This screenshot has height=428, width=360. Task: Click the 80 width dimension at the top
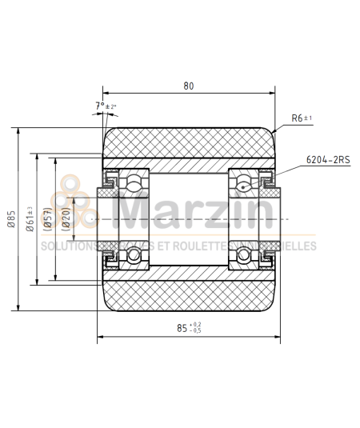(188, 86)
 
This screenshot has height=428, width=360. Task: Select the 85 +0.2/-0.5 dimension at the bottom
(190, 327)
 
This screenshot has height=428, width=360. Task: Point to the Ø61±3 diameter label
(30, 218)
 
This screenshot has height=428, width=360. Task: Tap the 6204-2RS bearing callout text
(328, 160)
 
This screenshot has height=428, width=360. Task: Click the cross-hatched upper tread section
(188, 145)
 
